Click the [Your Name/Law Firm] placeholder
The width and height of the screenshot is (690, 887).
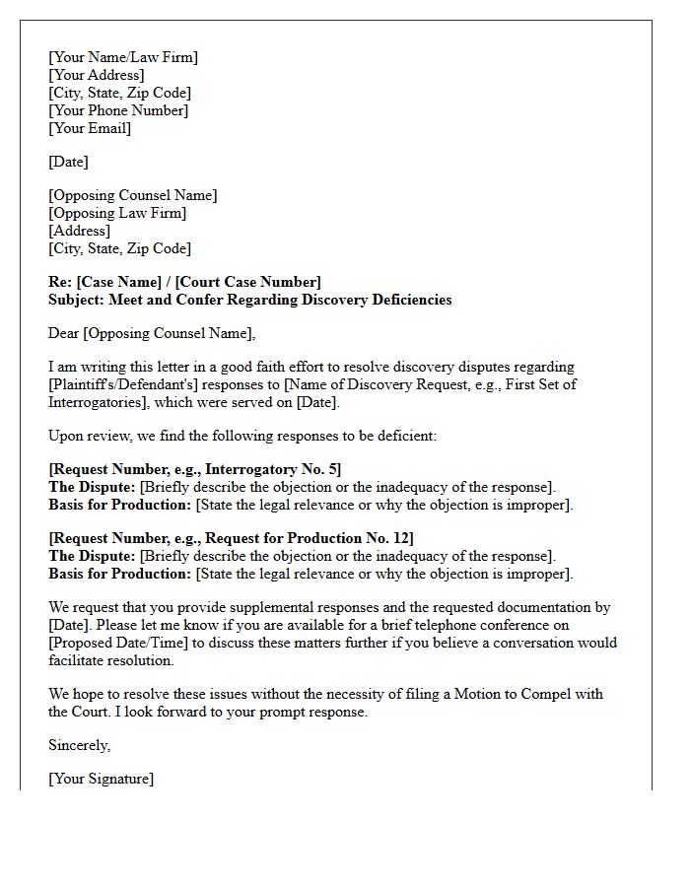pos(123,57)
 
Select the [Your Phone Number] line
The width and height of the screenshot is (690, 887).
pos(118,110)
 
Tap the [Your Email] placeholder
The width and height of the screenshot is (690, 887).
pos(90,128)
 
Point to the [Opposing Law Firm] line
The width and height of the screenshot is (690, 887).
pos(117,213)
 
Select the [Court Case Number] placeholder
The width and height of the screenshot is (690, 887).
pos(248,282)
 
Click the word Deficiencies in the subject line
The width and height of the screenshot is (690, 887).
pos(406,300)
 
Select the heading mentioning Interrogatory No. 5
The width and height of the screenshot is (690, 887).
pos(195,469)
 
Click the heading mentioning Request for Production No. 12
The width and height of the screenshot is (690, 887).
pos(232,538)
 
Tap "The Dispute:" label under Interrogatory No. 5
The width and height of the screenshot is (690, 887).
pos(93,487)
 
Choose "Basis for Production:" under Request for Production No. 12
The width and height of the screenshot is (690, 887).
pos(120,574)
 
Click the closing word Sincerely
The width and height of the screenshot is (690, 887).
pos(80,745)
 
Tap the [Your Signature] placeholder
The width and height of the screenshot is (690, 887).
pos(102,779)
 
